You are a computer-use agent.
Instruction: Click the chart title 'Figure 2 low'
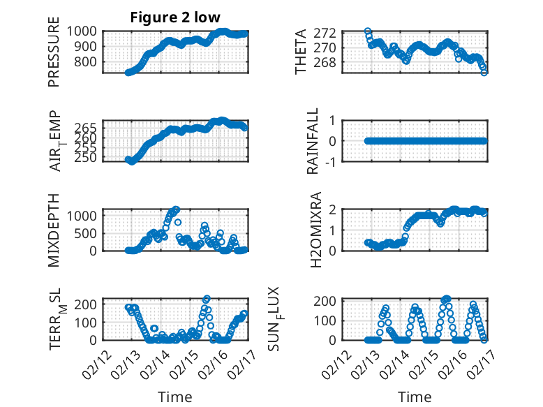175,18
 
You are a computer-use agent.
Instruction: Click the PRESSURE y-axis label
54,53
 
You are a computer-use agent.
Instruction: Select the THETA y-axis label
301,53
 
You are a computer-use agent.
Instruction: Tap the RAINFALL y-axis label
313,141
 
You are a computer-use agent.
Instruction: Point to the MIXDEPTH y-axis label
54,229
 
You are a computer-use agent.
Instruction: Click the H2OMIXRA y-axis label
316,229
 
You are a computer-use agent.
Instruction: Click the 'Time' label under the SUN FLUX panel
415,397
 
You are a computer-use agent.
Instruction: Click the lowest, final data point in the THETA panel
484,72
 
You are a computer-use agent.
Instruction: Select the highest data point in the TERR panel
207,299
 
